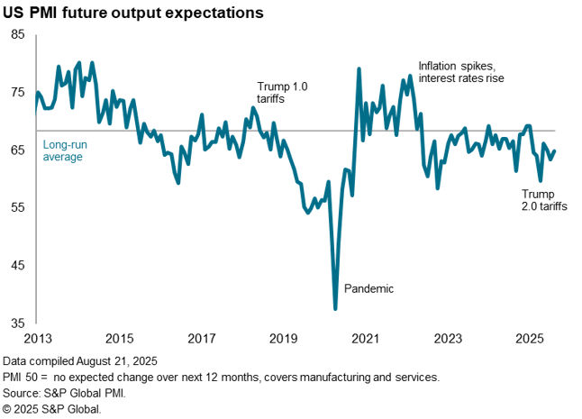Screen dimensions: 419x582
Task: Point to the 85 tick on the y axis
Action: [x=18, y=34]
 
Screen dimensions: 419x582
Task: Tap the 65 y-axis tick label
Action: [x=18, y=150]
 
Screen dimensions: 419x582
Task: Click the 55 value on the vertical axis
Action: [x=18, y=207]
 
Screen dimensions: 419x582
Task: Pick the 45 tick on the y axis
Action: [x=18, y=265]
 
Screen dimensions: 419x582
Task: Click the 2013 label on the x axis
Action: [x=36, y=339]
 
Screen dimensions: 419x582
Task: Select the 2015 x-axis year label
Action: [x=119, y=339]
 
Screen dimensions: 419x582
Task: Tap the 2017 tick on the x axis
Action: [x=201, y=339]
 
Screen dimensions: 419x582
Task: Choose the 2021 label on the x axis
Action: [x=365, y=339]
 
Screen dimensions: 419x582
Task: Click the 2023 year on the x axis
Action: [x=448, y=339]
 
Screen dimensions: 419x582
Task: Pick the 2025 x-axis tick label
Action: [x=530, y=339]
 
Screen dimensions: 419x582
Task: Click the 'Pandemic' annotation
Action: [x=369, y=288]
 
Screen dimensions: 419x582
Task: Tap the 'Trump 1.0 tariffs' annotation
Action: [x=283, y=93]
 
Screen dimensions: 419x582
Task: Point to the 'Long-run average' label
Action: [x=63, y=150]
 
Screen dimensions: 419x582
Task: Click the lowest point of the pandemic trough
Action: [x=335, y=309]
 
